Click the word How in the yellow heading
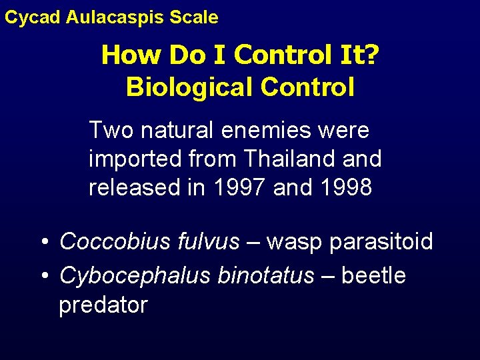click(x=132, y=55)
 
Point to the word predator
click(x=103, y=305)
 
